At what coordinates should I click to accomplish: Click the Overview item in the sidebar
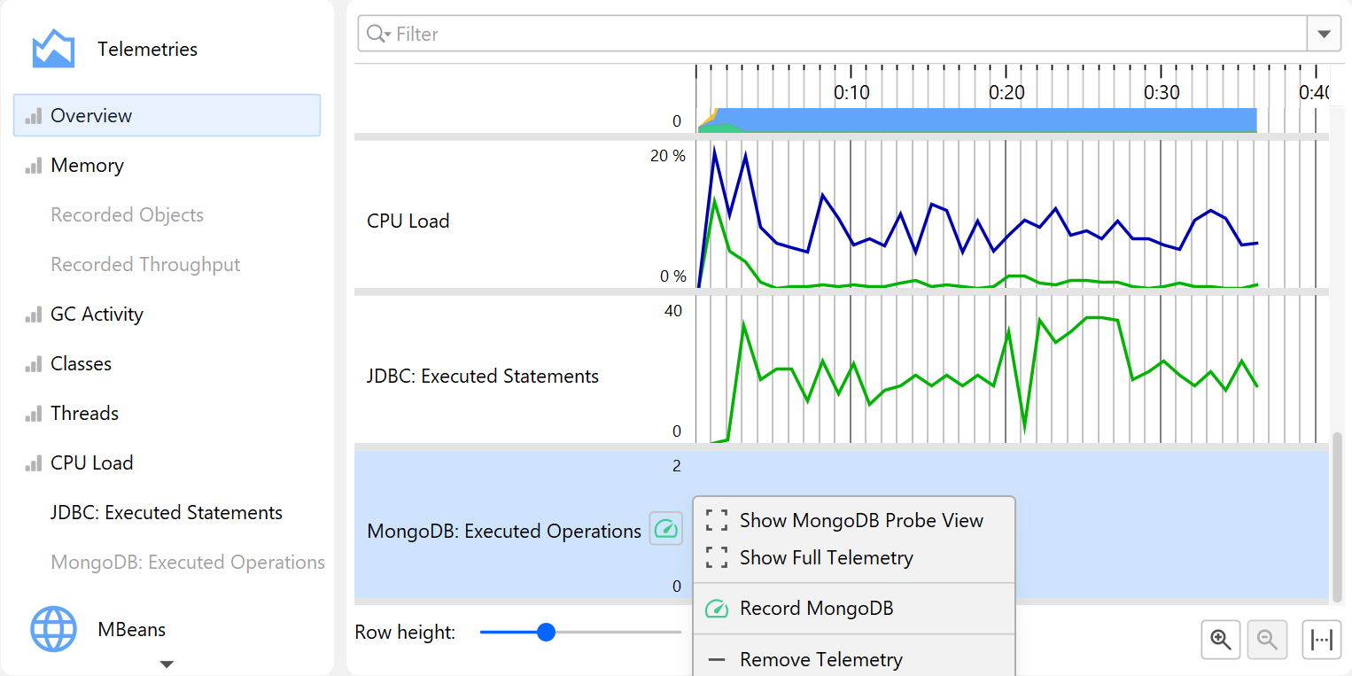point(90,116)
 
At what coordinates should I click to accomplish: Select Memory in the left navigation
point(87,166)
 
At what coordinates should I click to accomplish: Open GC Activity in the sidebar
point(97,315)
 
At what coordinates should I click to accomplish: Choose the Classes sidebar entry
point(81,364)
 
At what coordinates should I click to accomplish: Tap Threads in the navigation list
point(84,414)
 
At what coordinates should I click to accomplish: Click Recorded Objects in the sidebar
point(127,215)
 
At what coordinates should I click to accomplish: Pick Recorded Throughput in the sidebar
point(145,265)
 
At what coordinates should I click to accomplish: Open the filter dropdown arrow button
point(1324,35)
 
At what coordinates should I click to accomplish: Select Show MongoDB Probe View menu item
point(860,521)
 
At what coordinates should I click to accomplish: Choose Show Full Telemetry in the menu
point(826,558)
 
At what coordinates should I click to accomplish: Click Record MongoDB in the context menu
point(816,609)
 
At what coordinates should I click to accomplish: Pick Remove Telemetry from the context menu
point(820,660)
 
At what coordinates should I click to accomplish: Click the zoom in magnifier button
point(1221,640)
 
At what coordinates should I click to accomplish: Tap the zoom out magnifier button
point(1267,640)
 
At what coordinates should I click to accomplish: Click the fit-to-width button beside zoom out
point(1322,640)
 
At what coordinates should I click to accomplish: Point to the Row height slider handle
point(546,633)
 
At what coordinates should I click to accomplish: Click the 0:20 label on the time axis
point(1006,93)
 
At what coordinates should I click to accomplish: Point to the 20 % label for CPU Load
point(668,156)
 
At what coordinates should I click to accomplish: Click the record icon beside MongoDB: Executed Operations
point(666,530)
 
